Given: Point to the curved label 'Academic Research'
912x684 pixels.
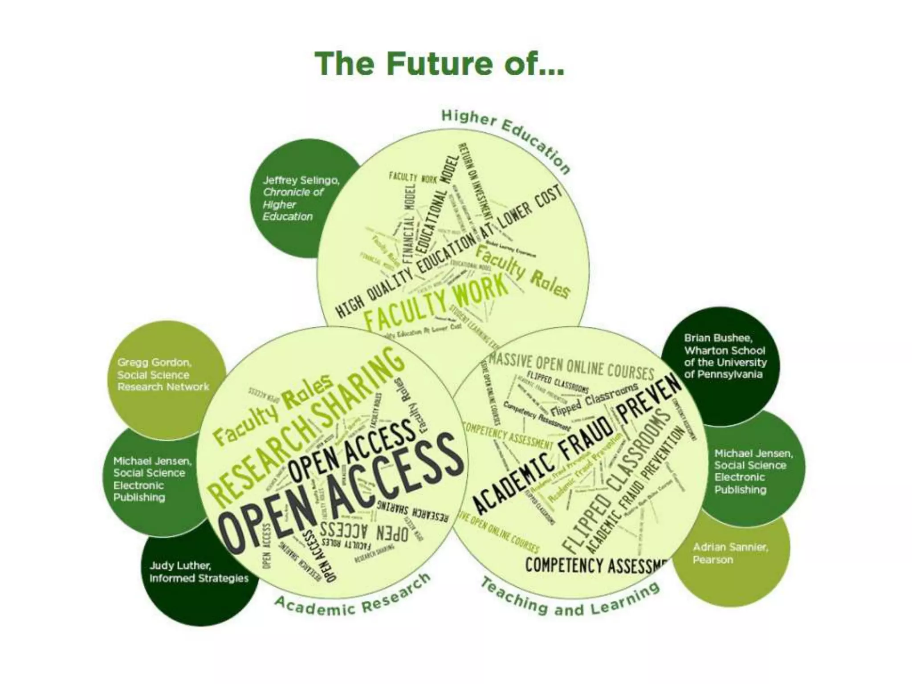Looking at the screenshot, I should [352, 597].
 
